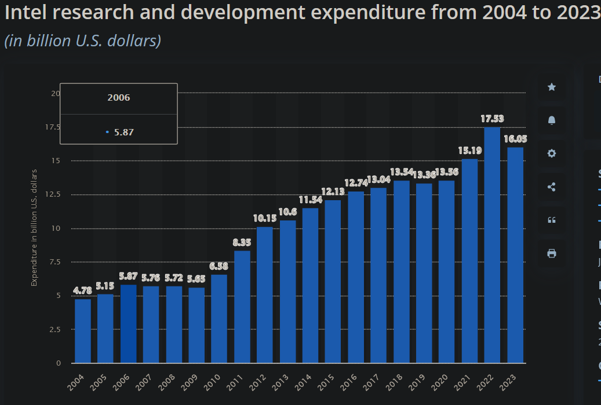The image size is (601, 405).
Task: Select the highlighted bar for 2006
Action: [x=128, y=324]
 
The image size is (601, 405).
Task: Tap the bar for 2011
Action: [x=242, y=307]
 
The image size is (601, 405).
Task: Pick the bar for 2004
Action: [x=83, y=331]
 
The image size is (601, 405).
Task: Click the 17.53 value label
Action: [x=492, y=119]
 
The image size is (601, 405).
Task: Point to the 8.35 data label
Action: [x=242, y=242]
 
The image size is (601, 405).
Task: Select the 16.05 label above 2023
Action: [x=515, y=139]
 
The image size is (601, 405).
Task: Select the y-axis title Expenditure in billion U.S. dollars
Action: [x=34, y=228]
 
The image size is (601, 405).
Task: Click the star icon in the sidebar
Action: [x=552, y=87]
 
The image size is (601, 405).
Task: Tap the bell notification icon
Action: [x=552, y=120]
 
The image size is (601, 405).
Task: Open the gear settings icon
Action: [x=552, y=153]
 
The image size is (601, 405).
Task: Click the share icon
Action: [x=552, y=187]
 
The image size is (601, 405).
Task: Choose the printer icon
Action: [x=552, y=253]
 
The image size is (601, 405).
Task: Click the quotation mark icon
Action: [x=552, y=220]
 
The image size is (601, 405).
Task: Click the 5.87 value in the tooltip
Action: [x=123, y=132]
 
